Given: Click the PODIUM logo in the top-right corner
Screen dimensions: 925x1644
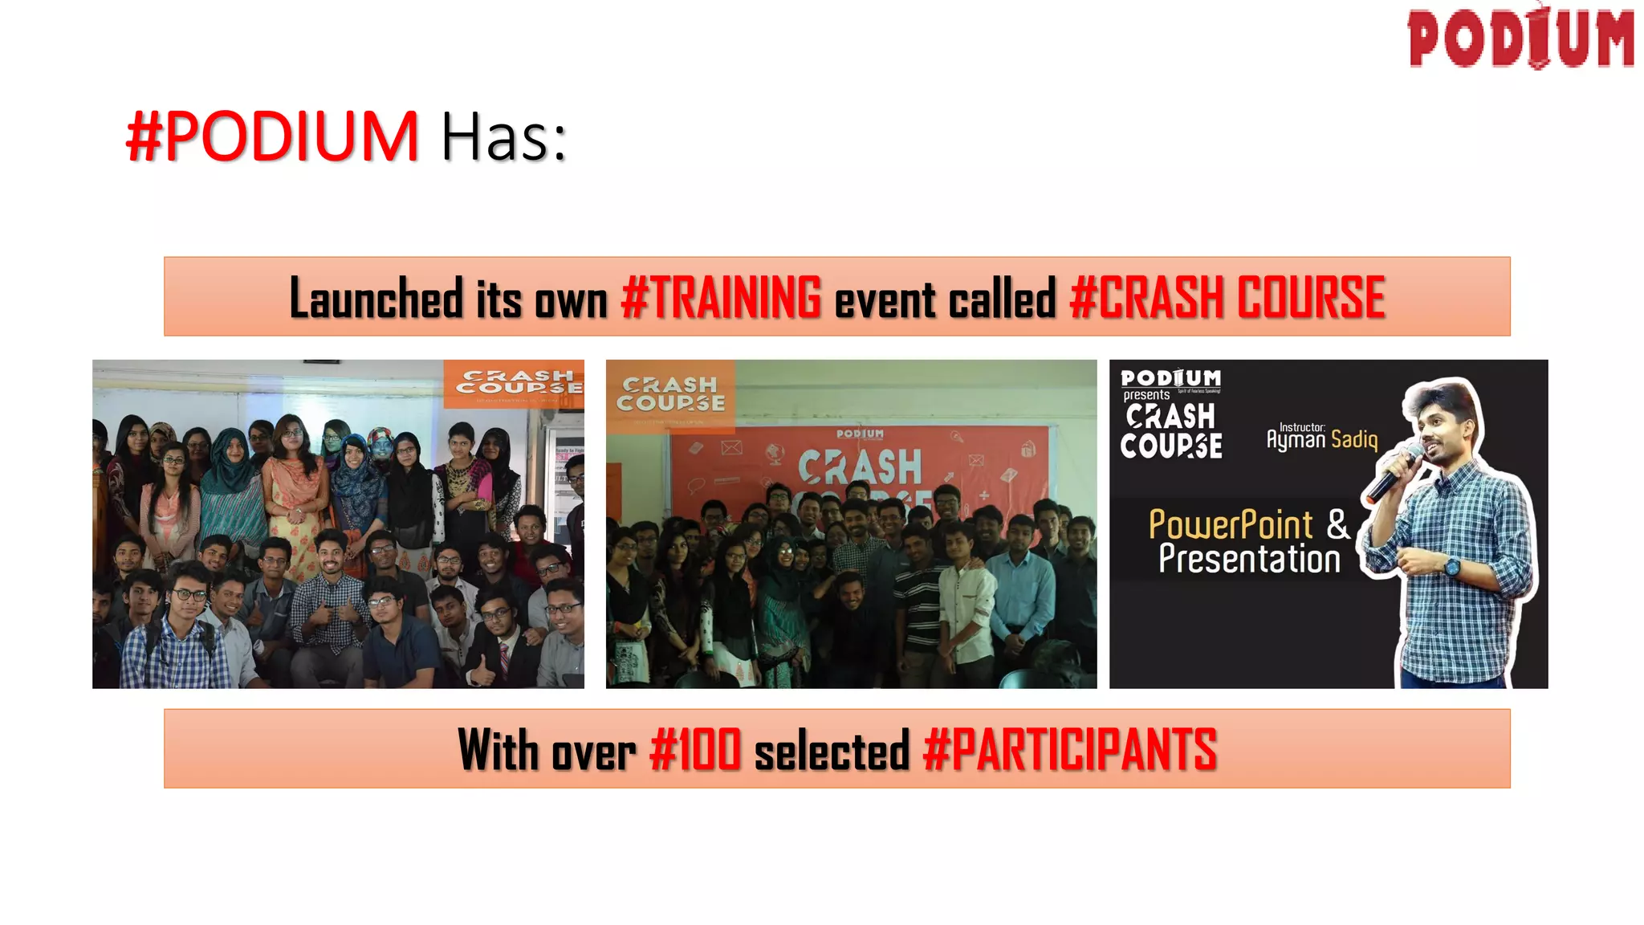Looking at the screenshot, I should click(1520, 38).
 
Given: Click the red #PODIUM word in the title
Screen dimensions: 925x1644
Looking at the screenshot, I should click(273, 137).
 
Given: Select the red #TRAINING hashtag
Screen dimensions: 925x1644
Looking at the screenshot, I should click(721, 298).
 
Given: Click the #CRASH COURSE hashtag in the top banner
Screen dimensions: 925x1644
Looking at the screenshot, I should click(1227, 298).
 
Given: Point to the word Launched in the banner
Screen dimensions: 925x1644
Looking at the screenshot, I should click(376, 298).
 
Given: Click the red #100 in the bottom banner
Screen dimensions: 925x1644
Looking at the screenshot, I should click(695, 750).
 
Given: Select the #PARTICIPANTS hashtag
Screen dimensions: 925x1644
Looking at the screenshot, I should click(1069, 750).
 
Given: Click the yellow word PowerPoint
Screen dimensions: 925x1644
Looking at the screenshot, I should click(1230, 525).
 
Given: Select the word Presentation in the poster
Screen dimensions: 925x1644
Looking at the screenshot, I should click(1249, 560).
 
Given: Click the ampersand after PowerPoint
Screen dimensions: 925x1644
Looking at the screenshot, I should click(1338, 524).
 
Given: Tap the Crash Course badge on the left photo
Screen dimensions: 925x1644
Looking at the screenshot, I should click(515, 383).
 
